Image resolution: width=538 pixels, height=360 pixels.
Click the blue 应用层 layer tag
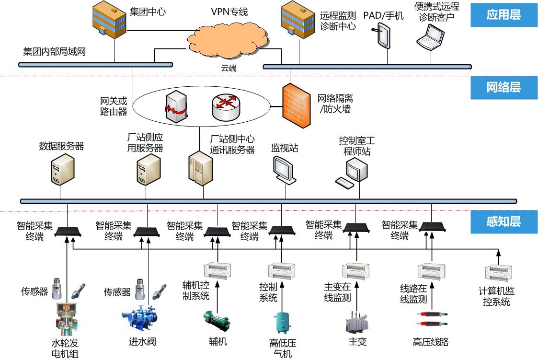[x=503, y=15]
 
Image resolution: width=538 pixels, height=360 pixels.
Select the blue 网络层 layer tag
[x=503, y=88]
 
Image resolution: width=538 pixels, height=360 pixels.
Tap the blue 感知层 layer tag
[x=503, y=221]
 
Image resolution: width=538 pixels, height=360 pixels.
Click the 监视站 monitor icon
[x=284, y=169]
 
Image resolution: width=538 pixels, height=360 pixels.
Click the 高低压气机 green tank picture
[x=282, y=323]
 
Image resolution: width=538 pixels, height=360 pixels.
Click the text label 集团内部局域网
[x=54, y=51]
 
